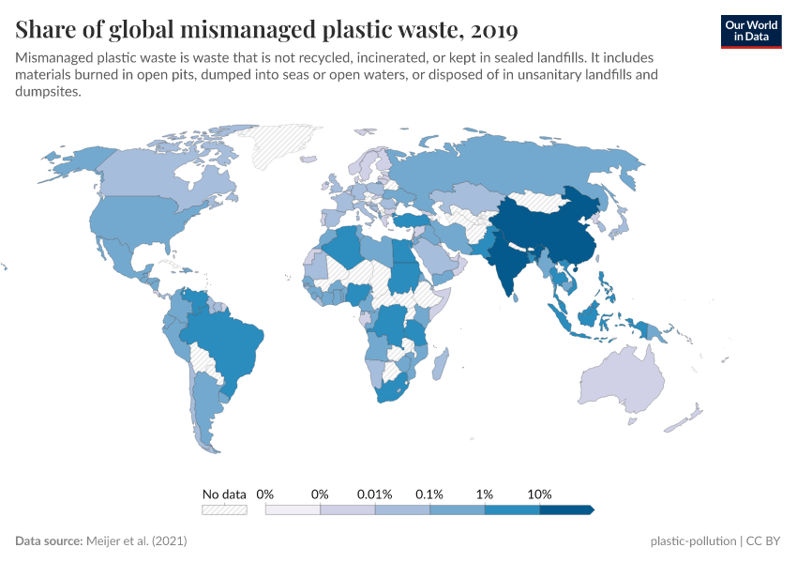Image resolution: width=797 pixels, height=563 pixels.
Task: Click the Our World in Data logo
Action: pyautogui.click(x=750, y=30)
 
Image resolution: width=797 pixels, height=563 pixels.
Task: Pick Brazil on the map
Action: pyautogui.click(x=230, y=342)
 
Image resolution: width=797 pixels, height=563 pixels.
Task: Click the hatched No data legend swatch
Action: pyautogui.click(x=224, y=510)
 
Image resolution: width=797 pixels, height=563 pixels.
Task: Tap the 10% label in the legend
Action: pyautogui.click(x=540, y=494)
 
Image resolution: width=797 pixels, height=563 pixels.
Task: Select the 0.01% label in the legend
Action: pyautogui.click(x=375, y=494)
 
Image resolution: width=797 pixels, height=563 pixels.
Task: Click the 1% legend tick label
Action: pyautogui.click(x=485, y=494)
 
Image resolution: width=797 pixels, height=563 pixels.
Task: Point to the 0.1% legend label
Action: pyautogui.click(x=430, y=494)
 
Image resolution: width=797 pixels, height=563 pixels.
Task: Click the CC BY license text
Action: pyautogui.click(x=764, y=541)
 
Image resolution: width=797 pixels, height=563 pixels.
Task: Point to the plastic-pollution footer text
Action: pyautogui.click(x=692, y=541)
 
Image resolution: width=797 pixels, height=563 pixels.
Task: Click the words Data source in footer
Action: pyautogui.click(x=48, y=541)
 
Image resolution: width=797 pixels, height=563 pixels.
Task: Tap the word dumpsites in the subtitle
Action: pyautogui.click(x=50, y=92)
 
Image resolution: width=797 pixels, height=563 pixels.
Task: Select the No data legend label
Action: pyautogui.click(x=224, y=494)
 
